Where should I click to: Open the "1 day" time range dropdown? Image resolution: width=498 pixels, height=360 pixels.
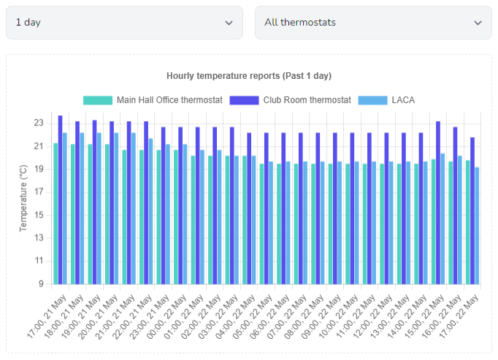tap(124, 23)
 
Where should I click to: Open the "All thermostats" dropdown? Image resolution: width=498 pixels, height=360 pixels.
tap(373, 23)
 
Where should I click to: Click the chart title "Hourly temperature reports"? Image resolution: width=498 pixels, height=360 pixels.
tap(249, 76)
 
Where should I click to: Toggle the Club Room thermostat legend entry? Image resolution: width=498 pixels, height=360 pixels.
tap(291, 100)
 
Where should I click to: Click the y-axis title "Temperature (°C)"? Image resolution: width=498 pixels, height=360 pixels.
tap(23, 198)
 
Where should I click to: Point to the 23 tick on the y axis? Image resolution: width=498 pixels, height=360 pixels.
tap(39, 123)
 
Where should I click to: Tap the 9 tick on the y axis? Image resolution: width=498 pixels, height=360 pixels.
tap(42, 284)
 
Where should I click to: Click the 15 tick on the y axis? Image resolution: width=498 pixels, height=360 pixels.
tap(39, 215)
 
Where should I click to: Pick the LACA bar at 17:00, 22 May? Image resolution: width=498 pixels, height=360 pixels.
tap(478, 226)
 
